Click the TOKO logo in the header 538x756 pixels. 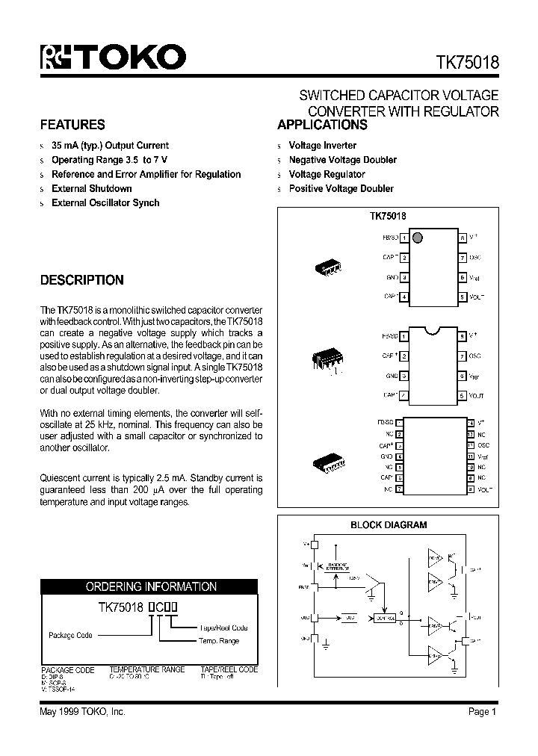point(113,58)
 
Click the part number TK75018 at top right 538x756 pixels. point(463,63)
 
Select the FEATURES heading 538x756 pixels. point(72,125)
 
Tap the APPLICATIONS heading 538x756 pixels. point(322,125)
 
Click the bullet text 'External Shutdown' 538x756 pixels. point(91,188)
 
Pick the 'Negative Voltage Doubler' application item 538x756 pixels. point(342,160)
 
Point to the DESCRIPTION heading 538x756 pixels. point(81,280)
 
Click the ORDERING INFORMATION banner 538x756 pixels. point(151,586)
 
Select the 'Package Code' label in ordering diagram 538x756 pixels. point(70,635)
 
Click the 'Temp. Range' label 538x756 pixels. point(218,641)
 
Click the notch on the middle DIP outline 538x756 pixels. point(433,326)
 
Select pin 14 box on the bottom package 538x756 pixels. point(471,422)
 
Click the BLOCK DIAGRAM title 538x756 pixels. point(389,525)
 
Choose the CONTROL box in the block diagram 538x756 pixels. point(386,618)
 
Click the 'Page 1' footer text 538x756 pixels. point(483,712)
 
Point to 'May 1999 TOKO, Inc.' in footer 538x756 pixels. point(82,712)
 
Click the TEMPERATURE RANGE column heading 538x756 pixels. point(147,669)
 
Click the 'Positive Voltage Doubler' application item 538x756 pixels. point(341,188)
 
